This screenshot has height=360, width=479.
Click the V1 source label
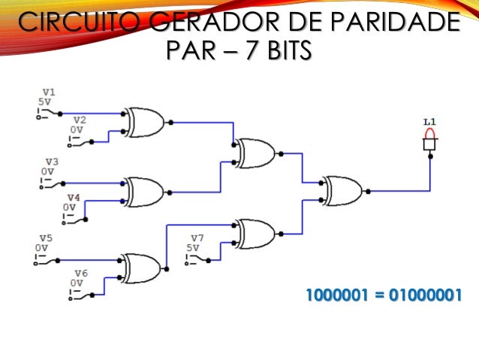point(49,92)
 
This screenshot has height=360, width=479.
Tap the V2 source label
point(79,119)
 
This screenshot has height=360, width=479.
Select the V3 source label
point(51,162)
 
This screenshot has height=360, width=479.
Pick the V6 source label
point(80,273)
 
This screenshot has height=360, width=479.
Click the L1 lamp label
point(429,120)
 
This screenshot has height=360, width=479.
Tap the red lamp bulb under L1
point(430,134)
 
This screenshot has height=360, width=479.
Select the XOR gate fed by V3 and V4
point(146,192)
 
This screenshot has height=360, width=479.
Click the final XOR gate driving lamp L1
point(342,191)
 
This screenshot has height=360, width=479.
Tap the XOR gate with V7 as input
point(255,234)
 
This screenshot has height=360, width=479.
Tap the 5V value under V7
point(193,247)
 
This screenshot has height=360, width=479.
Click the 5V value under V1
point(45,101)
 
